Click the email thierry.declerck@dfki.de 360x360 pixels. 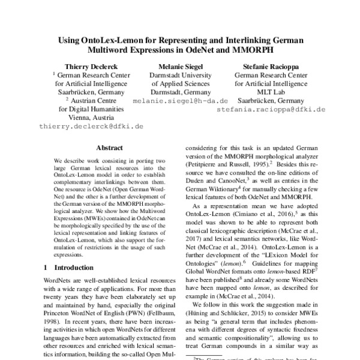coord(83,127)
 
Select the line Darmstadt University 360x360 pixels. coord(180,76)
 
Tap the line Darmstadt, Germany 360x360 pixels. coord(180,93)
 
